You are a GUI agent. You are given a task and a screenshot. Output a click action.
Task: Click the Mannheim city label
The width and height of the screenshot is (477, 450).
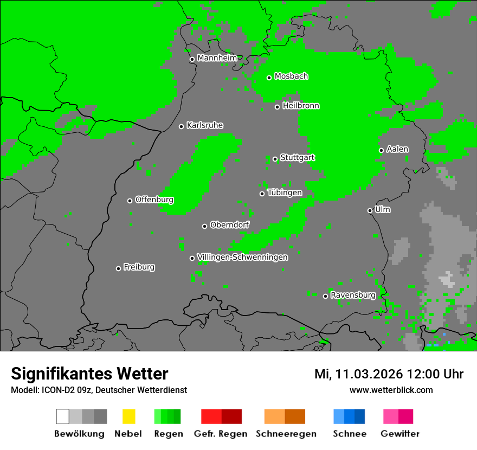(x=217, y=58)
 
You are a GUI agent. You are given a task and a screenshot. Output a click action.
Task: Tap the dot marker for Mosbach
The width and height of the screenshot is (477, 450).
(x=269, y=78)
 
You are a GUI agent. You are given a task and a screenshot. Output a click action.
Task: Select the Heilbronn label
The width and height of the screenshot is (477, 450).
(x=301, y=106)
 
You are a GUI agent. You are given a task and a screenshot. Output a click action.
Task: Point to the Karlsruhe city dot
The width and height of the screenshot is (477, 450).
(x=182, y=126)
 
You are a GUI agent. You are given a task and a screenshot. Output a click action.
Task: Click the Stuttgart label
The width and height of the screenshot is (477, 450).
(x=298, y=158)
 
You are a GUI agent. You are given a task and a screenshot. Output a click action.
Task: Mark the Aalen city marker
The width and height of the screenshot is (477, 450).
(x=381, y=150)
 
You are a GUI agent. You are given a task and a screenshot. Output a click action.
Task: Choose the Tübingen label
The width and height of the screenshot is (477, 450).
(x=285, y=192)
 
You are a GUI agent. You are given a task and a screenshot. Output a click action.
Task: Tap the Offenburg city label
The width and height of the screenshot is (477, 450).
(x=154, y=200)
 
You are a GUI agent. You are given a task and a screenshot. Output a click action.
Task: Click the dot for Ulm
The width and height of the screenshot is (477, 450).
(x=370, y=210)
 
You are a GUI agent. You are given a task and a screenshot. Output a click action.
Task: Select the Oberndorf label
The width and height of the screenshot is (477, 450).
(x=230, y=224)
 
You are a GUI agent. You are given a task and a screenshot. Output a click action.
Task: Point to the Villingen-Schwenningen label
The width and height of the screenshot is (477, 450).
(x=242, y=257)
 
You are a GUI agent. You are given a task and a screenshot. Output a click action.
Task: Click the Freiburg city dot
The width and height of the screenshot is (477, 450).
(x=118, y=268)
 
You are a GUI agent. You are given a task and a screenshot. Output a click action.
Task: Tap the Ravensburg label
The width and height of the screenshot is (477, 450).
(x=353, y=295)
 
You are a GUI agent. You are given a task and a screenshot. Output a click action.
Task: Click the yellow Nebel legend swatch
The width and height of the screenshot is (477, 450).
(x=128, y=416)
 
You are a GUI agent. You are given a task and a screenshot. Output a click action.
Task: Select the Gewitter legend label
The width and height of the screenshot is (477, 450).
(x=400, y=434)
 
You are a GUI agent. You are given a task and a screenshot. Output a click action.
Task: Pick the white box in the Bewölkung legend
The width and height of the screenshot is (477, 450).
(x=63, y=416)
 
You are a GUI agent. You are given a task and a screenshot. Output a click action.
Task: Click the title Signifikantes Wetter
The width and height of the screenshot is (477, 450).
(x=89, y=374)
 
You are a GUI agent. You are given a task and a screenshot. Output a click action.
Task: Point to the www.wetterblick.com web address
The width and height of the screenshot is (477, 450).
(x=391, y=390)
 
